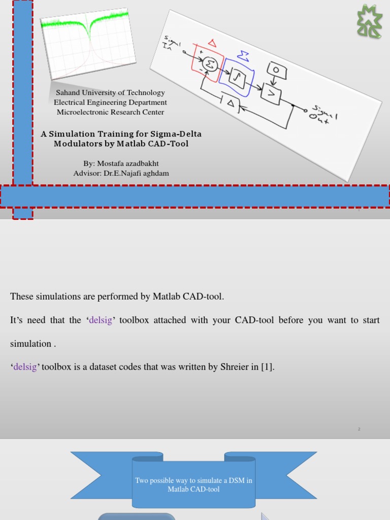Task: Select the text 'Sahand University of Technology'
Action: (110, 92)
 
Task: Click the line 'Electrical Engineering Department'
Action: (110, 102)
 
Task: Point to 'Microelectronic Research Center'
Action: (110, 112)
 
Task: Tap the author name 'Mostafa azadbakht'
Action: (129, 164)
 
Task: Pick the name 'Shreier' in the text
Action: (234, 367)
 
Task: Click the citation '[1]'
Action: (267, 367)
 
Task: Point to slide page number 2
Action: (359, 429)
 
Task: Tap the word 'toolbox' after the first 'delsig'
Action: (135, 320)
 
